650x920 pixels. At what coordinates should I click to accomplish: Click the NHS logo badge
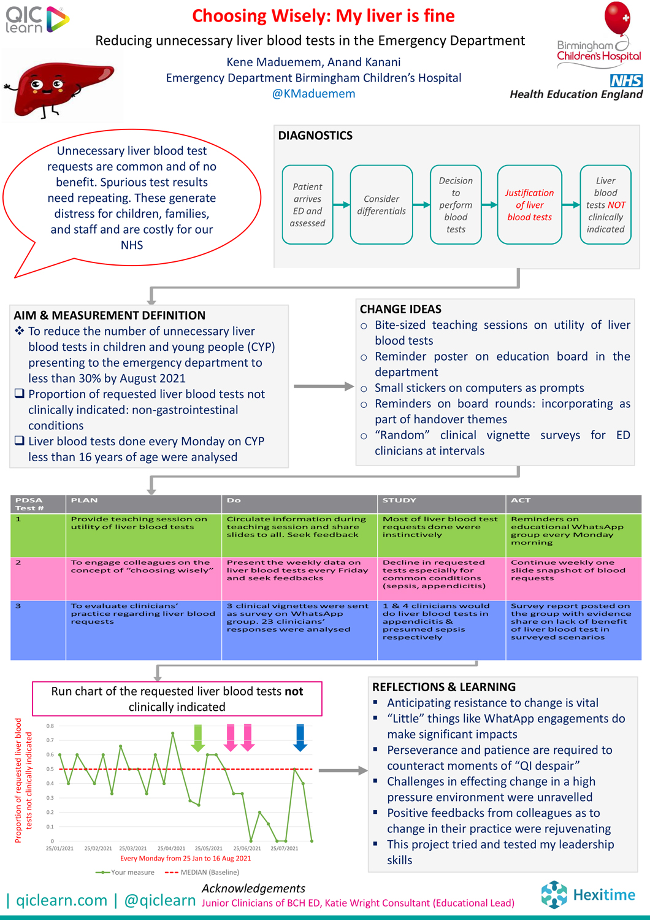625,80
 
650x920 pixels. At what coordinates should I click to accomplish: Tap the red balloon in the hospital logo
617,18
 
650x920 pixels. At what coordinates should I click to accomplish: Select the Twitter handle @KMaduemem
314,94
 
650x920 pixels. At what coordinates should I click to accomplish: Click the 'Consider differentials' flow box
381,204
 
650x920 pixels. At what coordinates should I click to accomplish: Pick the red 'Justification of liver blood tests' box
529,204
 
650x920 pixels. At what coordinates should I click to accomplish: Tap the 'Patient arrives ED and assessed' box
308,204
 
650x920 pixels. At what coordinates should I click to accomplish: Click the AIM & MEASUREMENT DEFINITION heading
110,315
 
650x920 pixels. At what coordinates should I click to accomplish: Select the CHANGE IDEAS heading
401,309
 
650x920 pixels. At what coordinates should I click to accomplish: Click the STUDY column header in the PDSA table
399,500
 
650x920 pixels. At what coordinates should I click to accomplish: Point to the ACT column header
520,500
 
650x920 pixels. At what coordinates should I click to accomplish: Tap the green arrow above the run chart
198,738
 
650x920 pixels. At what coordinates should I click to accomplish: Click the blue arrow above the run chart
300,738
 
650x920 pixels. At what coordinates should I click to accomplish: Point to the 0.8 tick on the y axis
50,726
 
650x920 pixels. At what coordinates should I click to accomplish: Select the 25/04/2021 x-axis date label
171,848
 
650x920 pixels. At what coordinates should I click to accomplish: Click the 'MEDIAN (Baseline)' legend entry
202,872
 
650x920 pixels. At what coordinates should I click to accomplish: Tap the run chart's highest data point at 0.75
172,733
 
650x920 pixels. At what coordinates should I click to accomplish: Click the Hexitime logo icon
554,894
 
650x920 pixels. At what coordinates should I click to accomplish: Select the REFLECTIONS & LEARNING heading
444,687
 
